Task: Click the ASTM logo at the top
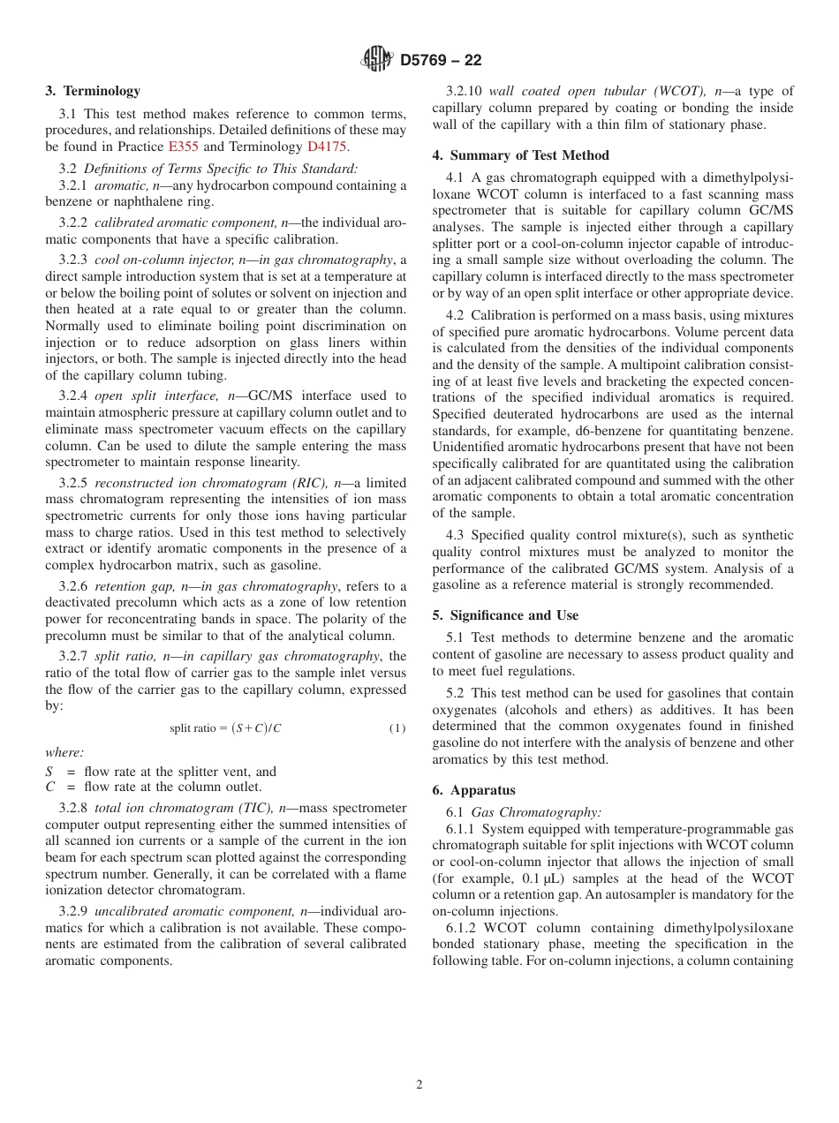[x=377, y=59]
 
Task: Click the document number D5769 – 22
[x=441, y=60]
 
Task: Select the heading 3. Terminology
[x=93, y=91]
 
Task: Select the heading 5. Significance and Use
[x=505, y=615]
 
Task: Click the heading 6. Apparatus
[x=473, y=790]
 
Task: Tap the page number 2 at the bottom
[x=419, y=1085]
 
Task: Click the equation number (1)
[x=397, y=727]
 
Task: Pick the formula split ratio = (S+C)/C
[x=225, y=727]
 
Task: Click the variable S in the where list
[x=49, y=772]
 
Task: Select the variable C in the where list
[x=50, y=787]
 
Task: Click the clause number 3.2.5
[x=73, y=483]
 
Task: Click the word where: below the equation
[x=64, y=752]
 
